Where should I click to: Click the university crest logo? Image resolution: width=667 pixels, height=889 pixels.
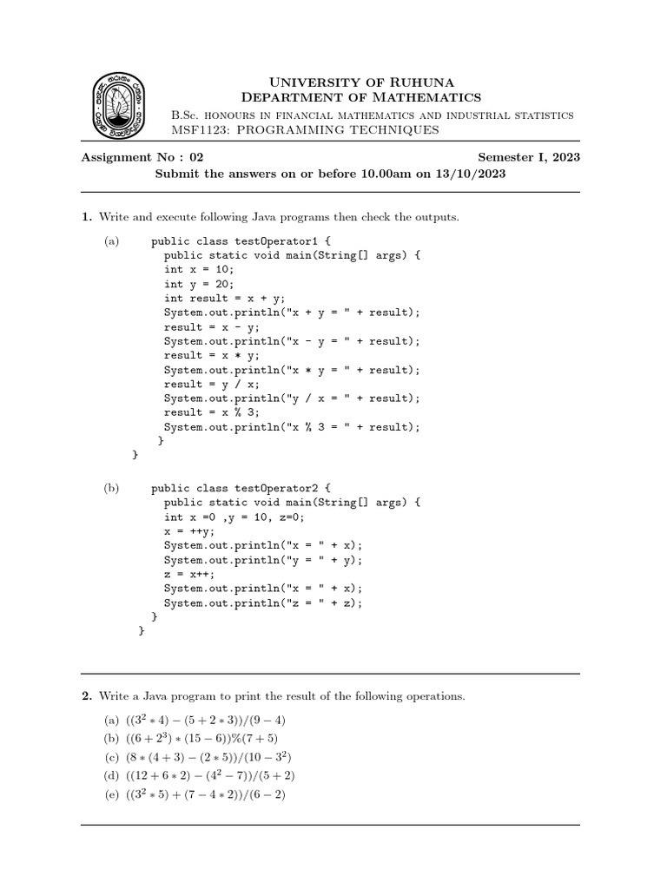click(120, 106)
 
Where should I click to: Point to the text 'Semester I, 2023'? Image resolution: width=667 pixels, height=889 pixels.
click(529, 157)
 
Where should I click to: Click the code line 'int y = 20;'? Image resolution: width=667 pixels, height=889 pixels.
click(199, 284)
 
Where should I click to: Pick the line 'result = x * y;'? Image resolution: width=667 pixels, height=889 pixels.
click(211, 355)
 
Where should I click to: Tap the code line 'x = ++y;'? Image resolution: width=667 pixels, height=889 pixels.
click(188, 531)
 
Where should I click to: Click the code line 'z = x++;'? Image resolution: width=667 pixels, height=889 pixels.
click(188, 574)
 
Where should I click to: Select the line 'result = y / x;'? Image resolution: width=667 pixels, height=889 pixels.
click(211, 384)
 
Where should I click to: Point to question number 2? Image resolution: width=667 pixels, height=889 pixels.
click(87, 696)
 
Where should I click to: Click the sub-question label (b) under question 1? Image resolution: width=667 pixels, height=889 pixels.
click(111, 489)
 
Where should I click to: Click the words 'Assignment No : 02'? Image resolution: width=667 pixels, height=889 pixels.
click(142, 157)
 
